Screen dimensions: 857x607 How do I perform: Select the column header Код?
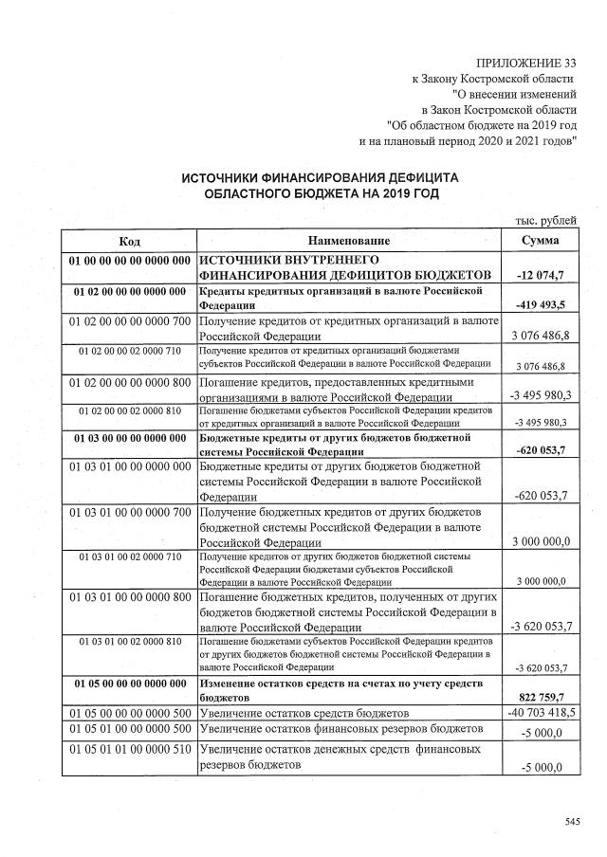tap(130, 241)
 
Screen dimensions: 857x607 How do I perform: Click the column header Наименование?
tap(349, 241)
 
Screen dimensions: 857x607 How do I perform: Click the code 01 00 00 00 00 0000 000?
tap(130, 260)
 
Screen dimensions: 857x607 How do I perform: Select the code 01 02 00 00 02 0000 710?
tap(130, 351)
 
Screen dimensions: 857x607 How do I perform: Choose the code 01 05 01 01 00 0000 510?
tap(130, 750)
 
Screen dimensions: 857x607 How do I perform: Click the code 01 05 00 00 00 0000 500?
tap(130, 712)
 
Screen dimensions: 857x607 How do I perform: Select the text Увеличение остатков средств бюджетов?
tap(305, 712)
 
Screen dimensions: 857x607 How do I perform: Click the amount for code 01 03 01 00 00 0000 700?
tap(540, 541)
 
